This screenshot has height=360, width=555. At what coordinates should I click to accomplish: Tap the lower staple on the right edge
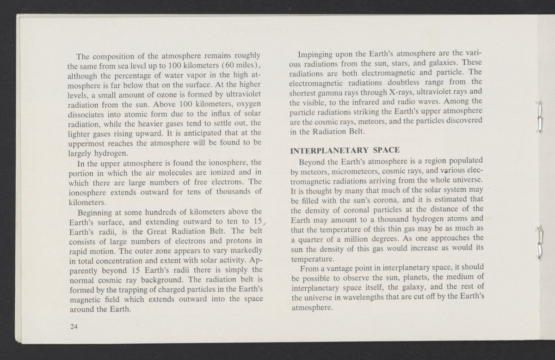point(540,240)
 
